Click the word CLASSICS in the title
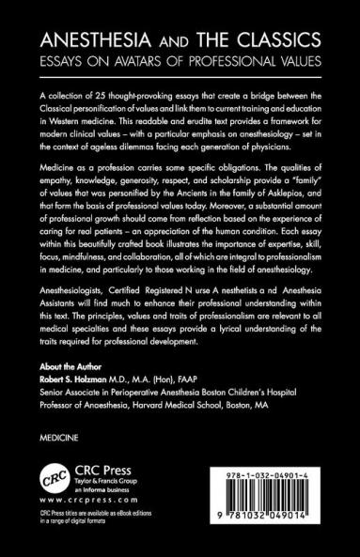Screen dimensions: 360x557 [x=280, y=40]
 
